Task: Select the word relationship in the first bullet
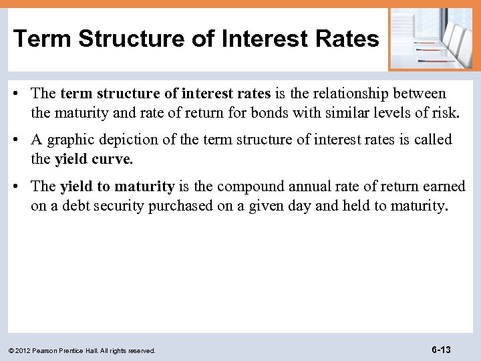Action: pyautogui.click(x=357, y=94)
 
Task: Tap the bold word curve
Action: pyautogui.click(x=117, y=159)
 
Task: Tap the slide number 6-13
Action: pyautogui.click(x=441, y=350)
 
